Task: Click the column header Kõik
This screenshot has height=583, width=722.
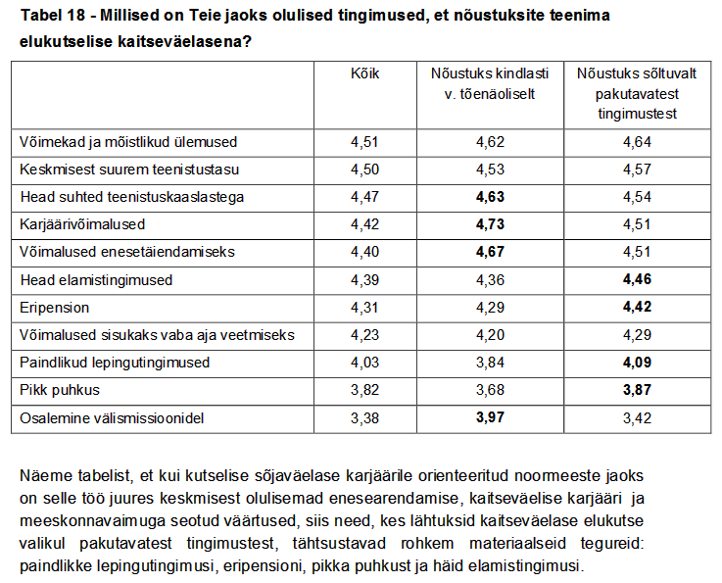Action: [364, 73]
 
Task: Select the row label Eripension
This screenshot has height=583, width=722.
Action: [55, 308]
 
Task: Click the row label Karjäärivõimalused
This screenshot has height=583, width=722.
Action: [83, 224]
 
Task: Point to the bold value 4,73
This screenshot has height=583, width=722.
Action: [490, 224]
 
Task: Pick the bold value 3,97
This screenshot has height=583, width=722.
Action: [490, 418]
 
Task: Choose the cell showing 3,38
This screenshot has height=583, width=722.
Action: [364, 418]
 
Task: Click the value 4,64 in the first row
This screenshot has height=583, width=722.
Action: [637, 142]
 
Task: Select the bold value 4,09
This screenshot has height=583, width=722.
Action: [637, 363]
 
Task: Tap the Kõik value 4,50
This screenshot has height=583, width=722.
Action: [364, 170]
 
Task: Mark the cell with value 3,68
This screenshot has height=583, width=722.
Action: [490, 390]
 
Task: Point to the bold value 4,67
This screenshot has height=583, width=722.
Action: [490, 252]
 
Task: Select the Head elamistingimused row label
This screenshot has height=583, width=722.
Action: [96, 280]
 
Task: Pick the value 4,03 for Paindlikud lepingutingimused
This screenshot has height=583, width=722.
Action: [364, 363]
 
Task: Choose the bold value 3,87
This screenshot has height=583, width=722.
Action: [637, 390]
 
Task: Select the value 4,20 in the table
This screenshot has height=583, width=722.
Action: [490, 335]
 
